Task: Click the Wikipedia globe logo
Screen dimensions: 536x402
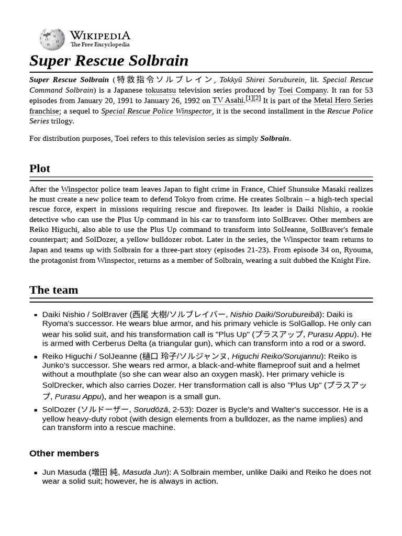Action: pyautogui.click(x=52, y=39)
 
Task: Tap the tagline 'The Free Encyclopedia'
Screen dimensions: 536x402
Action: pyautogui.click(x=100, y=45)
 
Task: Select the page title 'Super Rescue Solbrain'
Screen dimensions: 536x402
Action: pyautogui.click(x=109, y=61)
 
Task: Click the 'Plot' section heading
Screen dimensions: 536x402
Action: pyautogui.click(x=40, y=169)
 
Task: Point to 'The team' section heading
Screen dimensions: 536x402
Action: pyautogui.click(x=53, y=290)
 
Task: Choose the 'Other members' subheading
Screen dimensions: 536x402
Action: pyautogui.click(x=64, y=453)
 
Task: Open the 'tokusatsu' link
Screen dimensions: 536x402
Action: pyautogui.click(x=161, y=90)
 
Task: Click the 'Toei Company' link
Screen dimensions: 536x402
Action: pyautogui.click(x=303, y=90)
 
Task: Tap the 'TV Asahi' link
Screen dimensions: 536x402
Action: pyautogui.click(x=228, y=100)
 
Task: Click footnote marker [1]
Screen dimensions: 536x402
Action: pyautogui.click(x=249, y=98)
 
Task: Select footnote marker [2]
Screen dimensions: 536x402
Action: pyautogui.click(x=257, y=98)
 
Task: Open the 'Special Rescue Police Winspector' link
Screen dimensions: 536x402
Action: pyautogui.click(x=157, y=111)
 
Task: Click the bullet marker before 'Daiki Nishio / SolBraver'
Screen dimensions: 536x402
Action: pyautogui.click(x=36, y=315)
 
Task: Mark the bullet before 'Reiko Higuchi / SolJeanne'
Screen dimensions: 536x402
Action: pyautogui.click(x=36, y=357)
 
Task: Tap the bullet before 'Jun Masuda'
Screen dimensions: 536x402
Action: pyautogui.click(x=36, y=473)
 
